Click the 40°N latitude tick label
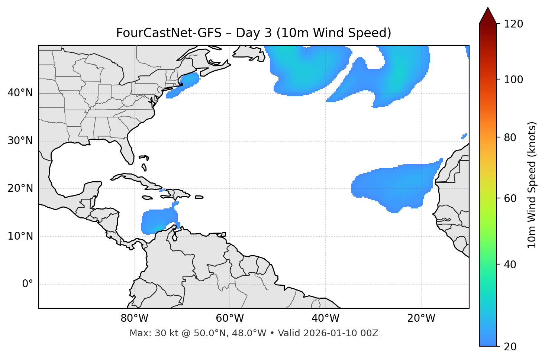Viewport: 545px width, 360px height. pos(20,93)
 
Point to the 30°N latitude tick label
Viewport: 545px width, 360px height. pos(20,141)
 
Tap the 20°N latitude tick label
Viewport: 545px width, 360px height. pos(20,188)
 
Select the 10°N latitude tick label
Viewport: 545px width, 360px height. pos(20,236)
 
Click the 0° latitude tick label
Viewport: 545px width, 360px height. pos(27,284)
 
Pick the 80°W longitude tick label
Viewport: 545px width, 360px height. pos(134,318)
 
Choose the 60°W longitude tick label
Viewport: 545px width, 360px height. pos(230,318)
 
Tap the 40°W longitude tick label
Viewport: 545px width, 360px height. pos(325,318)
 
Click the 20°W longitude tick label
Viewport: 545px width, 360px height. pos(421,318)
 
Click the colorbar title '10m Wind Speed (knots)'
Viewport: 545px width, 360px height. pos(532,185)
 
